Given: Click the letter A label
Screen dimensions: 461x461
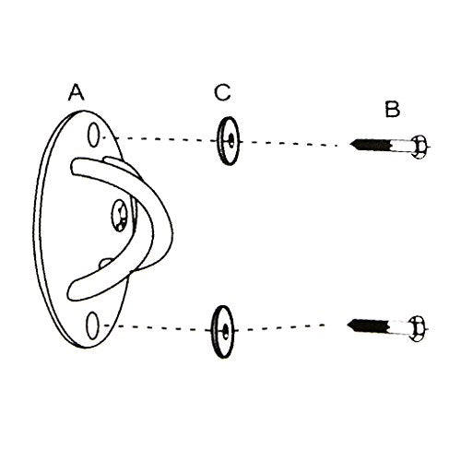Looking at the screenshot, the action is [x=77, y=92].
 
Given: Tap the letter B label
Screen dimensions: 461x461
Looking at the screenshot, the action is [x=393, y=109].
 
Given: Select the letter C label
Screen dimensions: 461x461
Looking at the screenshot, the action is [x=222, y=92].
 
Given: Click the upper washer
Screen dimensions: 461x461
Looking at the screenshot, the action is [x=228, y=141].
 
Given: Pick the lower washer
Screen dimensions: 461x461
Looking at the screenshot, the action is [x=223, y=332].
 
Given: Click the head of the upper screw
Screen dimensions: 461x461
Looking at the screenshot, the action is [x=420, y=147].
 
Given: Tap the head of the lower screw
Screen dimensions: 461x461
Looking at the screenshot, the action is [x=417, y=328].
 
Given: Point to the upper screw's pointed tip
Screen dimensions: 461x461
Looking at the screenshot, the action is [x=350, y=143].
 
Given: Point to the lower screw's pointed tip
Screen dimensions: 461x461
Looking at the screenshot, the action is [x=348, y=325].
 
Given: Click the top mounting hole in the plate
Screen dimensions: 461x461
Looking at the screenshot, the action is [x=93, y=135].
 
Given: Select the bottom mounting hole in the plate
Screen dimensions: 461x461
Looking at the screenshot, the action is [x=92, y=325].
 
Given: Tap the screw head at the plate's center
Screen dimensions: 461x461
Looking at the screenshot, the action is [x=119, y=215].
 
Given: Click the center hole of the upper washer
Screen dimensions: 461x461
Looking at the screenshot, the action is [x=230, y=141].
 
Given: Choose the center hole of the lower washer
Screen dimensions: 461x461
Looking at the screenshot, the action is [x=226, y=331].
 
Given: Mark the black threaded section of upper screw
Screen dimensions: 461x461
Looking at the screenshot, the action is [x=371, y=145].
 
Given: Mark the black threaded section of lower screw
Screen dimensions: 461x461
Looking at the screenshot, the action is [x=368, y=326].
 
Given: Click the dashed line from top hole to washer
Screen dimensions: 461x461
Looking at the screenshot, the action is [x=159, y=139].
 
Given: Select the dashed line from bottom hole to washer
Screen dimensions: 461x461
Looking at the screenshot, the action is [x=158, y=327].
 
